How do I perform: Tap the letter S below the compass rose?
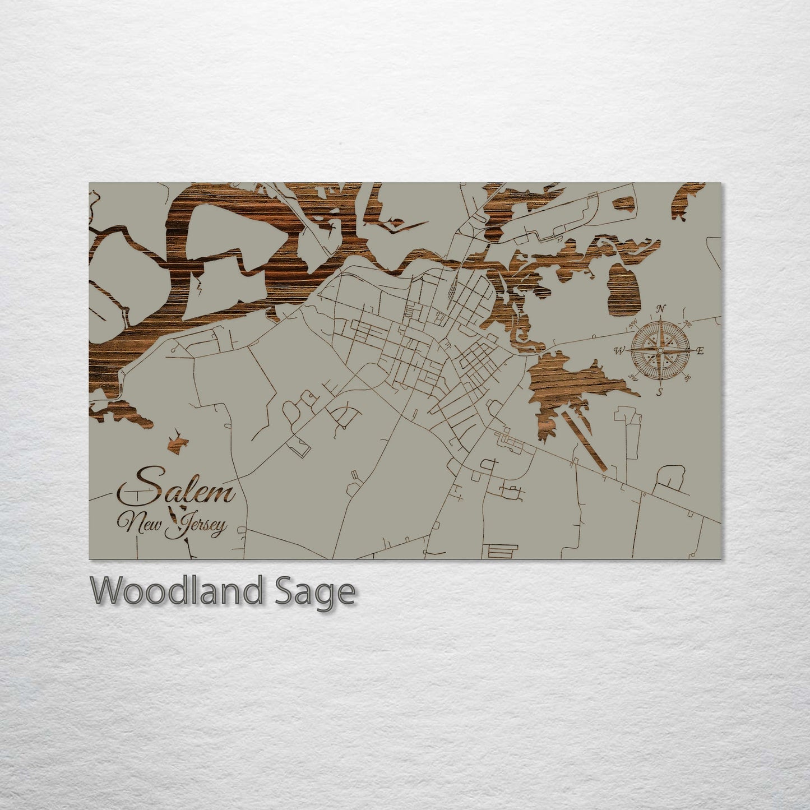660,392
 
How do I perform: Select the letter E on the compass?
700,351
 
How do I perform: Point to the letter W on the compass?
620,351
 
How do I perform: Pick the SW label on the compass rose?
633,377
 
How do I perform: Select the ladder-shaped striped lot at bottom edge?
500,551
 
